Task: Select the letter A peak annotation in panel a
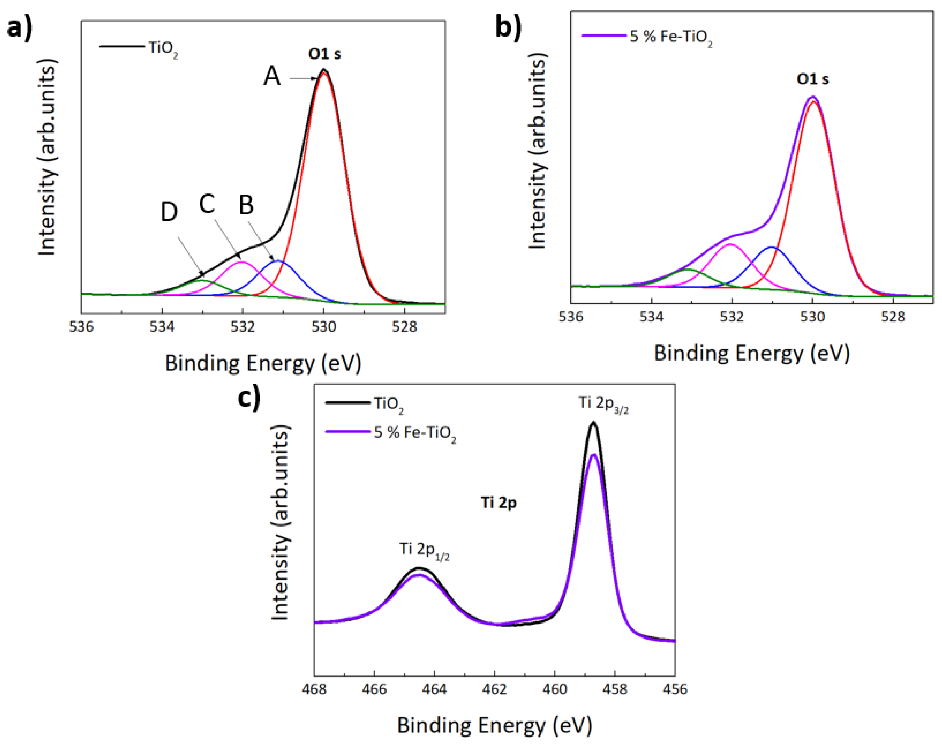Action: (272, 77)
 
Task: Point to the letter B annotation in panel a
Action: (246, 205)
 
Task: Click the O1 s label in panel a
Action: (324, 54)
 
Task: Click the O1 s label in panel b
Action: (812, 79)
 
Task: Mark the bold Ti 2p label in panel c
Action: (499, 503)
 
